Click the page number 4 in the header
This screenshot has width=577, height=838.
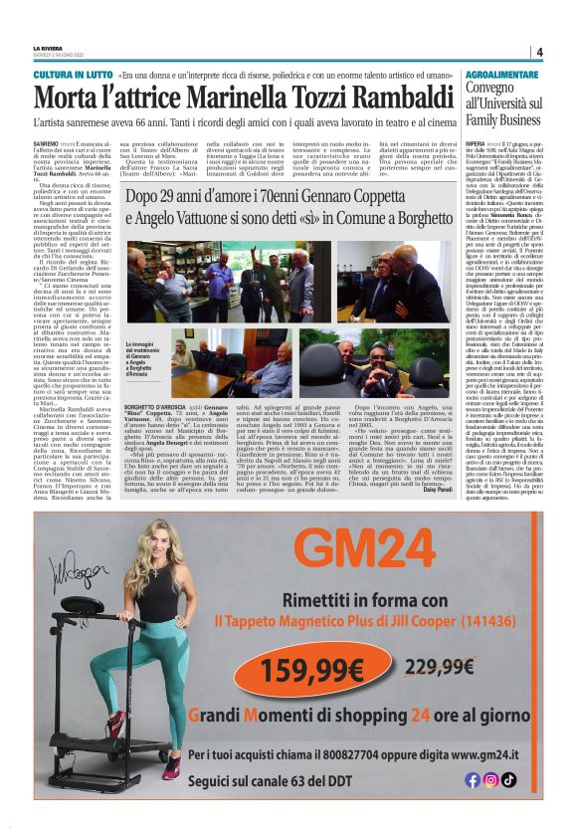(x=538, y=53)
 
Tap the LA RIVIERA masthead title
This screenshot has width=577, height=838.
(x=49, y=48)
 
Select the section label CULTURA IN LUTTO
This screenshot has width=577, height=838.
(x=72, y=75)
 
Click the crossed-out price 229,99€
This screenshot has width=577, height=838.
(x=437, y=667)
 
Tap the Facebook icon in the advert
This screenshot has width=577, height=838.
(x=473, y=779)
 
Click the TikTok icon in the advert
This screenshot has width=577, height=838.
(x=508, y=779)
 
